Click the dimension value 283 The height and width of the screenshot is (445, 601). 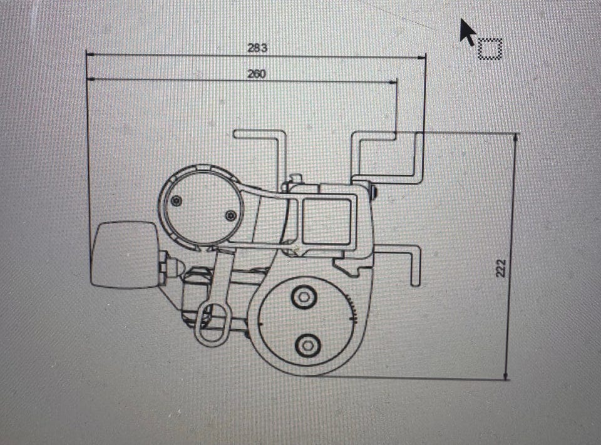point(257,48)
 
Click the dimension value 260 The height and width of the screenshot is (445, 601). point(256,74)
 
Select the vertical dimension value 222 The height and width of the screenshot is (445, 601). point(501,268)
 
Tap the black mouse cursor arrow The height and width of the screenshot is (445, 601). point(468,31)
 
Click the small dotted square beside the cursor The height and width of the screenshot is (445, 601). point(490,49)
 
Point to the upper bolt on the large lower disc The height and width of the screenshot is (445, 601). point(304,296)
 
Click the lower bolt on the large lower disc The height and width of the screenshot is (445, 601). point(308,345)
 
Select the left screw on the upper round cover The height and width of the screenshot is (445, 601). point(177,200)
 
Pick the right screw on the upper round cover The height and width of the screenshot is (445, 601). point(230,215)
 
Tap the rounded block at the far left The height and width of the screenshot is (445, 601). point(125,255)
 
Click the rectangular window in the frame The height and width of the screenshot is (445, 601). point(327,220)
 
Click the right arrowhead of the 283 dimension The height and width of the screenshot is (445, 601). point(421,58)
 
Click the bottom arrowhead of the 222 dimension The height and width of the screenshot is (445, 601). point(506,376)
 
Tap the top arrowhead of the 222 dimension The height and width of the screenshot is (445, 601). point(515,138)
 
